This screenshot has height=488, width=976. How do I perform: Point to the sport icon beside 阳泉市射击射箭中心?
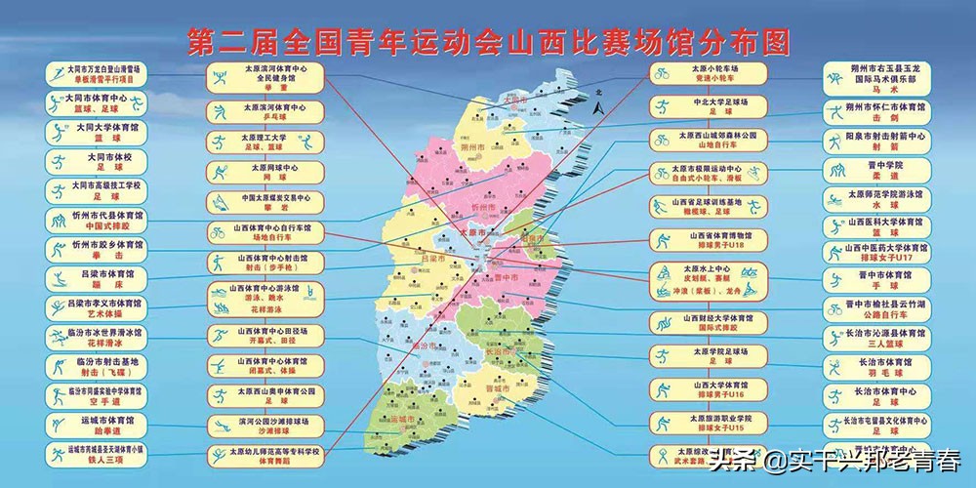836,141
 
